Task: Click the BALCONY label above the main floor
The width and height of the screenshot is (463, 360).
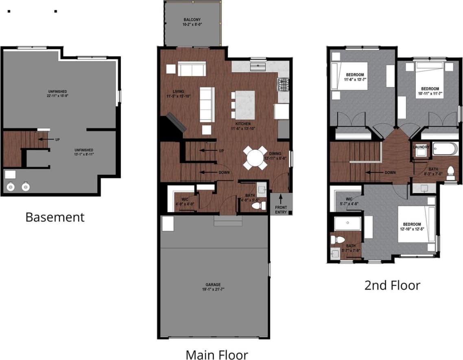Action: (192, 20)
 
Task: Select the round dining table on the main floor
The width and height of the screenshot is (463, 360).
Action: (255, 158)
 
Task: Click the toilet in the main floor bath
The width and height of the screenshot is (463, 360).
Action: (257, 206)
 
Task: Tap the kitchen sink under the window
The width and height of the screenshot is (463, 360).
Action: (258, 66)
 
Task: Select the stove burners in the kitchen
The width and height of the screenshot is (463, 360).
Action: (283, 85)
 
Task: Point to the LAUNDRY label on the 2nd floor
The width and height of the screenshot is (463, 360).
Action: (421, 147)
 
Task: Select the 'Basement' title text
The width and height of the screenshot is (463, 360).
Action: (55, 217)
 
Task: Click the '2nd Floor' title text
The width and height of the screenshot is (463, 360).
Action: (392, 285)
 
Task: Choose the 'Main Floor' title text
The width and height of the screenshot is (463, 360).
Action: (216, 354)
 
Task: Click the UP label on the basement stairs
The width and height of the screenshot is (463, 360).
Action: (57, 140)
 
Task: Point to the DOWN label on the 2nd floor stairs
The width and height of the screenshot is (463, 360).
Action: (390, 172)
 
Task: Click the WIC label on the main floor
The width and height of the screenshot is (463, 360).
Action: (185, 199)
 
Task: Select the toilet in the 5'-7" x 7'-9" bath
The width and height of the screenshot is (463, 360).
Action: (334, 240)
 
